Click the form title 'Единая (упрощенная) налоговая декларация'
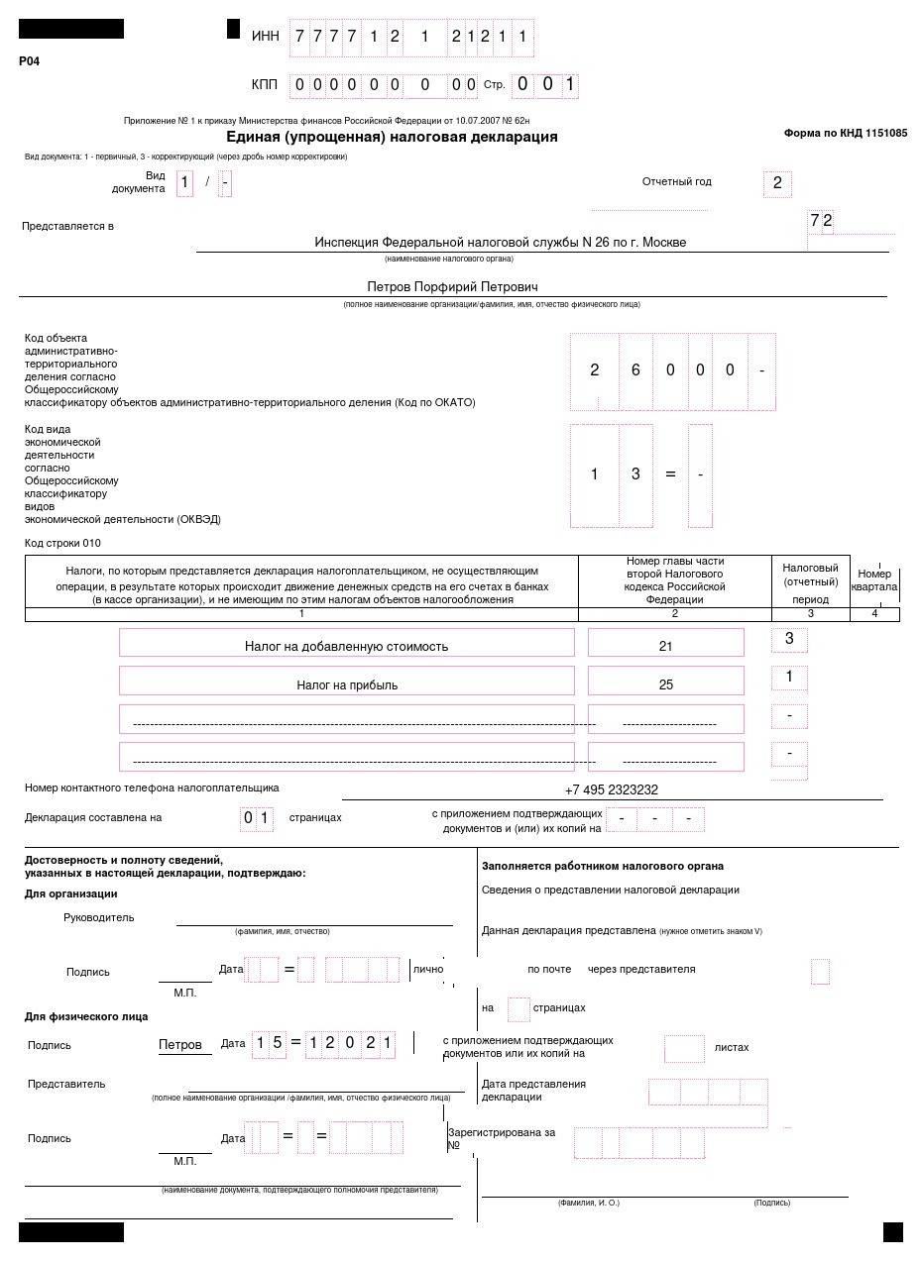coord(392,137)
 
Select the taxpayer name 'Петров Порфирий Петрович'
coord(452,286)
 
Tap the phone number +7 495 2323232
coord(611,789)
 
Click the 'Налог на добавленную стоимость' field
coord(346,646)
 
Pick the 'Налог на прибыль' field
coord(346,684)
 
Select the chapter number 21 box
coord(665,646)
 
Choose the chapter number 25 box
coord(665,684)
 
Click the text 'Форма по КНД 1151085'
coord(845,133)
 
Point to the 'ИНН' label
coord(265,36)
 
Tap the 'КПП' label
coord(265,84)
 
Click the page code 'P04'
coord(30,61)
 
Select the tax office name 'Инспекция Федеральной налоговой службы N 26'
coord(500,242)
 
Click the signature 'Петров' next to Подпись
coord(180,1044)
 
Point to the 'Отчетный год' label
coord(676,181)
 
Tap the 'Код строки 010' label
coord(62,543)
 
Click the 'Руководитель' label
coord(98,917)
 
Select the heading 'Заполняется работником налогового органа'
coord(603,866)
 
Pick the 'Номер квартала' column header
coord(873,580)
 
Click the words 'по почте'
coord(549,969)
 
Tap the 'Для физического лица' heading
coord(86,1016)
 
